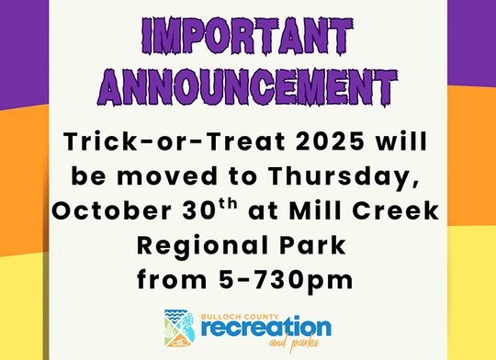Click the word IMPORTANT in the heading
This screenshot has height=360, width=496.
coord(247,38)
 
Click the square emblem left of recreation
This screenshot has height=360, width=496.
coord(180,326)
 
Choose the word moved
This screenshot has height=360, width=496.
coord(162,175)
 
